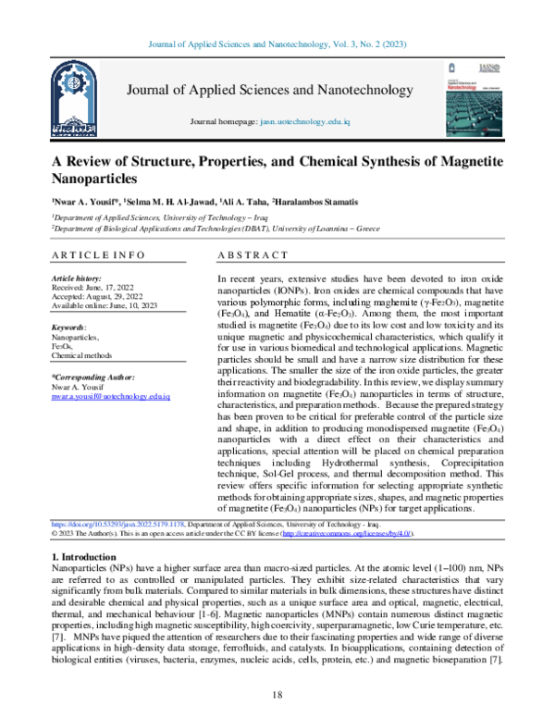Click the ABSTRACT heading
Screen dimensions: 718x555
[252, 254]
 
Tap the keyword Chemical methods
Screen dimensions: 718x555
[82, 355]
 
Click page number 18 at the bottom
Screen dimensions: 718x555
[277, 693]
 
